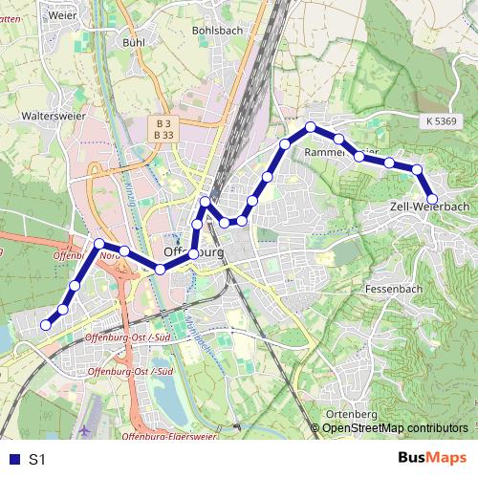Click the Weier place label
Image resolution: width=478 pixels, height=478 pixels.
[x=36, y=16]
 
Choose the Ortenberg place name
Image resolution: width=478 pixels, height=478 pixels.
[x=353, y=413]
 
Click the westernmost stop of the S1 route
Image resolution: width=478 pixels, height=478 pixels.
[x=45, y=325]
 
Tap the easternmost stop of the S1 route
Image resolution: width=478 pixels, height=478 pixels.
[x=432, y=199]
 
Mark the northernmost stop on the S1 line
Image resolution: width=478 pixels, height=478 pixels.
[x=311, y=127]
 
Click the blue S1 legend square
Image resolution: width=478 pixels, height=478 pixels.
[x=11, y=460]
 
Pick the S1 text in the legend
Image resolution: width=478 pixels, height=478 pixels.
[x=37, y=460]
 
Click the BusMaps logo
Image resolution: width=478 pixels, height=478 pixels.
[x=431, y=459]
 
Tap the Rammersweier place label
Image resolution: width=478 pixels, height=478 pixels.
[x=340, y=153]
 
